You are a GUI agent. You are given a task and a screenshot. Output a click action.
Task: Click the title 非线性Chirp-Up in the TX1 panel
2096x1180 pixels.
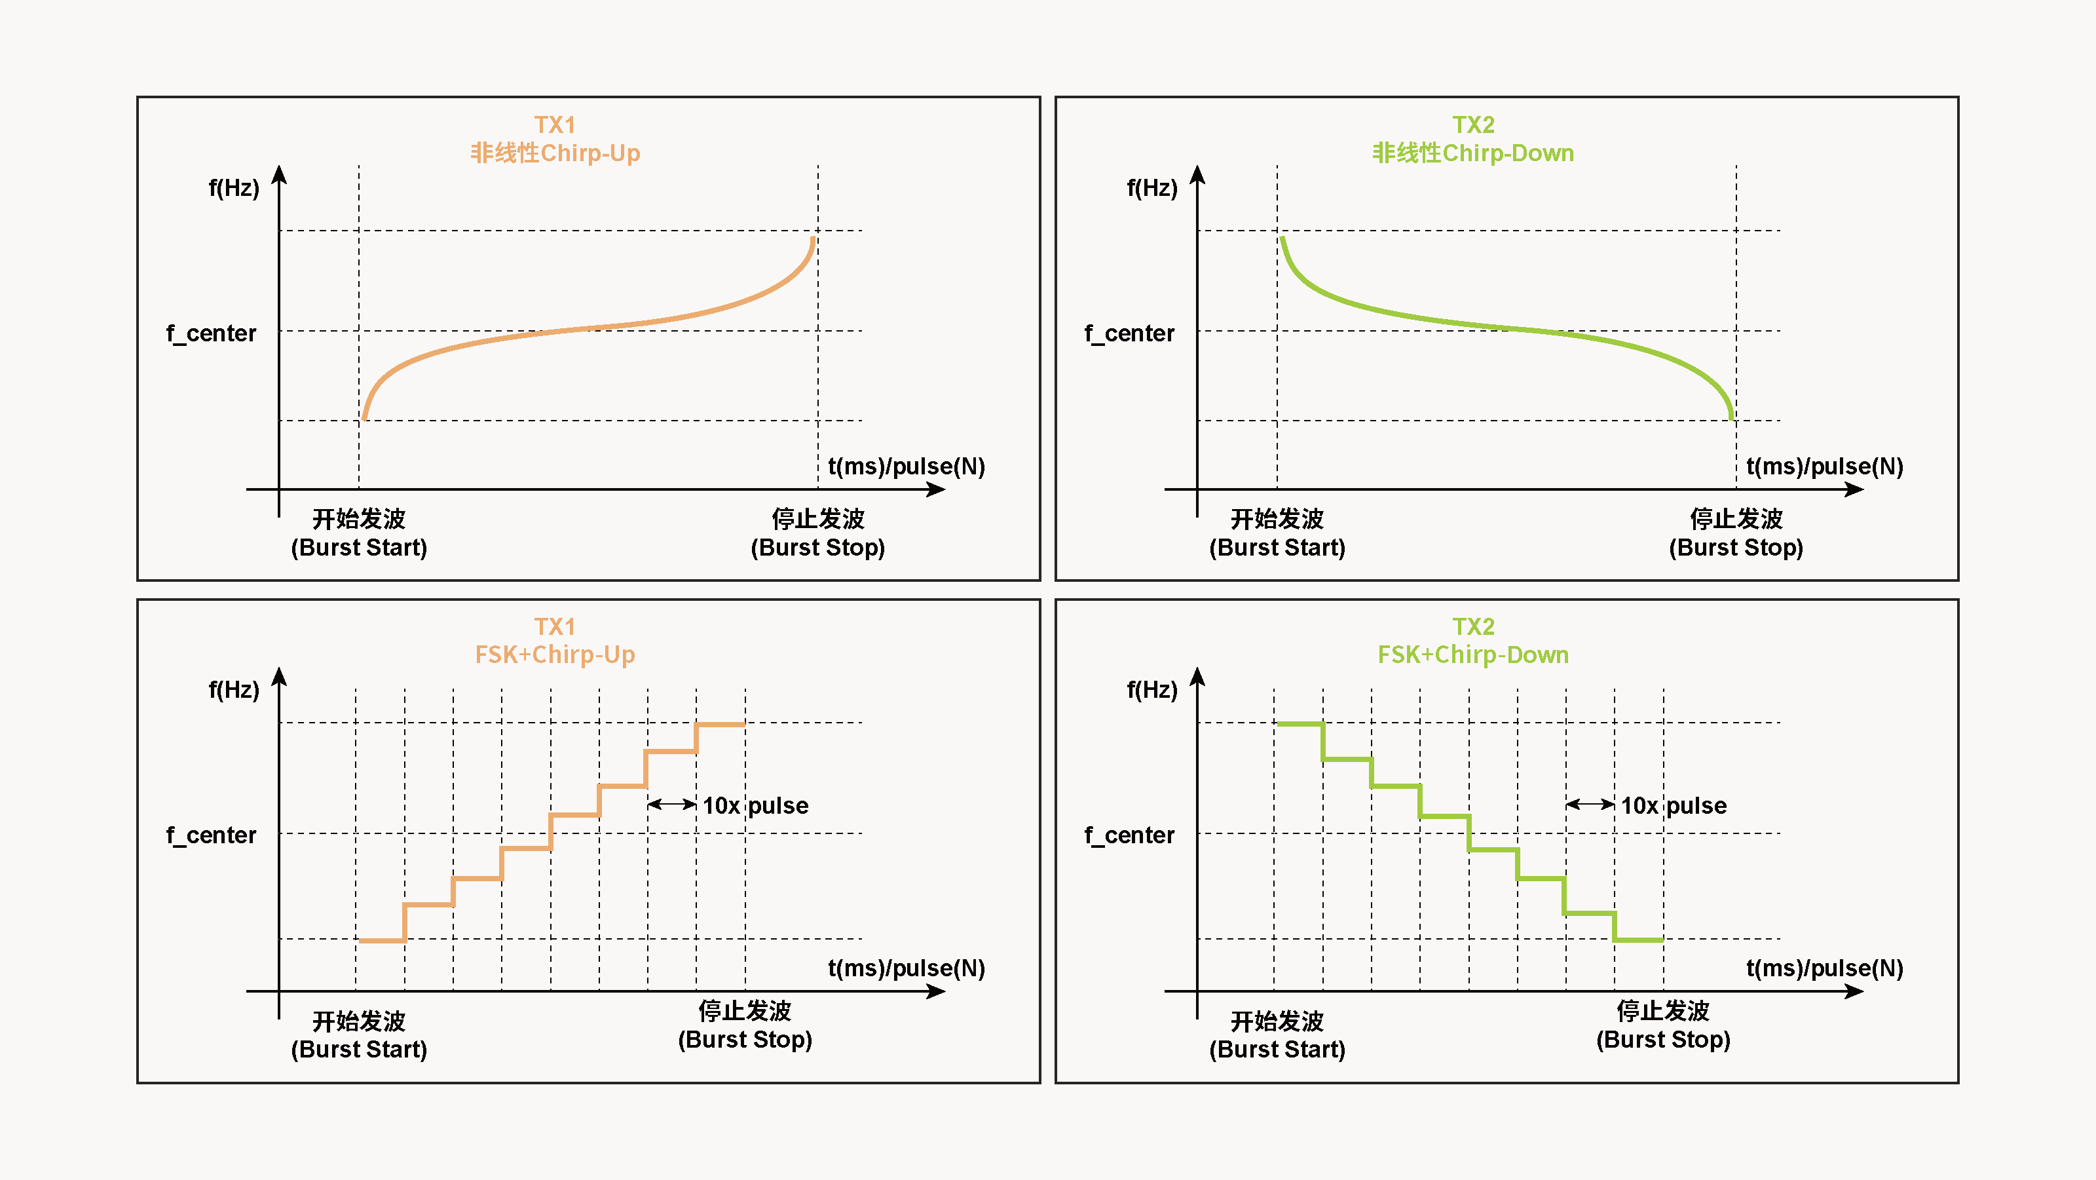(x=555, y=153)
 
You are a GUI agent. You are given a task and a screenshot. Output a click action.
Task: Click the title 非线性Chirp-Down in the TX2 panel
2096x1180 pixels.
(x=1472, y=153)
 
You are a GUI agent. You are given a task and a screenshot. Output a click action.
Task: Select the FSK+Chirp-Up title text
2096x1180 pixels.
(x=555, y=655)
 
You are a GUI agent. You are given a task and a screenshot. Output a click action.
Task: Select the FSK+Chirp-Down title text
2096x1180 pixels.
(x=1472, y=655)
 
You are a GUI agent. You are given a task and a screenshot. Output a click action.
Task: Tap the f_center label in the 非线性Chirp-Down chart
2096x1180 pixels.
(x=1129, y=333)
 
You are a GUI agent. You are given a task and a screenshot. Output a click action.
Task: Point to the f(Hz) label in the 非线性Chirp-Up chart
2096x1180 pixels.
(x=234, y=188)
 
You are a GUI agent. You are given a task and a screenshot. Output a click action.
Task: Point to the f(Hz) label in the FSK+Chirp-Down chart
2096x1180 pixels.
(x=1151, y=690)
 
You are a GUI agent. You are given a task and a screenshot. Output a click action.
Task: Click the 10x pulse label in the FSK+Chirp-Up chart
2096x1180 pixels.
(x=755, y=806)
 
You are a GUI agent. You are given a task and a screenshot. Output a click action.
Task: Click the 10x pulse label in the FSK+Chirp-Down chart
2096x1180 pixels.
(x=1673, y=806)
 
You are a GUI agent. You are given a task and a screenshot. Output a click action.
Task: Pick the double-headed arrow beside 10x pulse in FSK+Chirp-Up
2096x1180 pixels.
(x=672, y=804)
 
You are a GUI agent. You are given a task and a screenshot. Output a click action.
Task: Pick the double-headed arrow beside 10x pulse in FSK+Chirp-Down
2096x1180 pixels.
(x=1590, y=804)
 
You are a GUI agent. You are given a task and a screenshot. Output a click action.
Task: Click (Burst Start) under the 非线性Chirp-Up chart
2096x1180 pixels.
(x=359, y=548)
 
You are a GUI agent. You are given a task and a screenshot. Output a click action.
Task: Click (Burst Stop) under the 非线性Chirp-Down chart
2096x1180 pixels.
(x=1736, y=548)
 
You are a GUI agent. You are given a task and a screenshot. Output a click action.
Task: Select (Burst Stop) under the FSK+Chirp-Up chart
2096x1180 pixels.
(x=745, y=1039)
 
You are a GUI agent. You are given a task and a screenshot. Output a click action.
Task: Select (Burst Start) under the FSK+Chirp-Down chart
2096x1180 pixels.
(x=1277, y=1049)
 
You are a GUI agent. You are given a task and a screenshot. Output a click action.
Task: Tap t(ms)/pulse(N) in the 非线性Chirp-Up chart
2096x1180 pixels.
(x=907, y=466)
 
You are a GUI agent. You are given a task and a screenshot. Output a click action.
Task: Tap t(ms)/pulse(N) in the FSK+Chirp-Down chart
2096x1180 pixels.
(x=1824, y=968)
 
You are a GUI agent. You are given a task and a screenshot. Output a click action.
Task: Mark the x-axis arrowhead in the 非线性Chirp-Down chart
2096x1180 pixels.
(x=1854, y=489)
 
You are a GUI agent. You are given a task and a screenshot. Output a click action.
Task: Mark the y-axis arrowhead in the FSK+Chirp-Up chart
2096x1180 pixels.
(x=279, y=676)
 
